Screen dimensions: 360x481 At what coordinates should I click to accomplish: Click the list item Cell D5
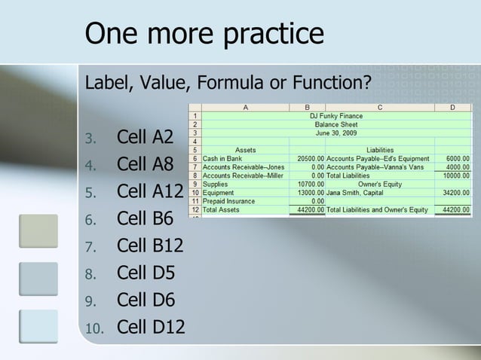(146, 273)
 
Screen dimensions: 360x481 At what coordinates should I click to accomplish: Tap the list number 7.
(91, 247)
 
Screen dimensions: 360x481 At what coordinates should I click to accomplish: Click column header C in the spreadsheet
(379, 108)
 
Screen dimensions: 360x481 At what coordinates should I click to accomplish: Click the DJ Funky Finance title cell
(336, 116)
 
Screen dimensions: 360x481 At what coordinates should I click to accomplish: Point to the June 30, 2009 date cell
(336, 133)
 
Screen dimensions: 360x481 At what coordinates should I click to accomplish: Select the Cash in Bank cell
(222, 158)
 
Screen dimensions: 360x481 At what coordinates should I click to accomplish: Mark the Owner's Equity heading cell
(379, 183)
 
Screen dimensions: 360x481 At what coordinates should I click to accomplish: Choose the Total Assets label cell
(220, 209)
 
